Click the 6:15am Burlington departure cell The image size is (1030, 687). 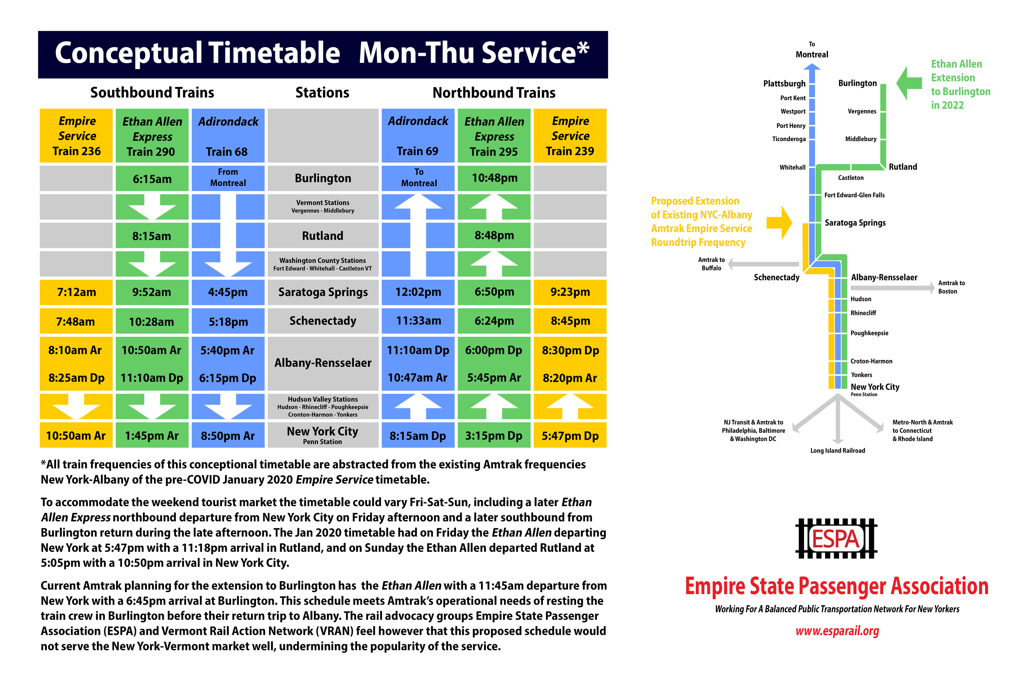(152, 179)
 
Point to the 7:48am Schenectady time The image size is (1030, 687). (76, 322)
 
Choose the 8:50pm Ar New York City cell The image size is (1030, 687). (228, 435)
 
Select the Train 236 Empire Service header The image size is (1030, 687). (77, 136)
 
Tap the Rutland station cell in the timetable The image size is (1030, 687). (323, 236)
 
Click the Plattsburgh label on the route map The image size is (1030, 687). (784, 84)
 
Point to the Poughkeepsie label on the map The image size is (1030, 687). (869, 333)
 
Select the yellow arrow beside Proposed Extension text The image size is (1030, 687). (779, 223)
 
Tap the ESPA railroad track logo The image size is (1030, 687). (836, 538)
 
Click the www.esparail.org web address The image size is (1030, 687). (837, 631)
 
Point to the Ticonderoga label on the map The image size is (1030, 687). (789, 139)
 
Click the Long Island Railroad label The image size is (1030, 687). (837, 450)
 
